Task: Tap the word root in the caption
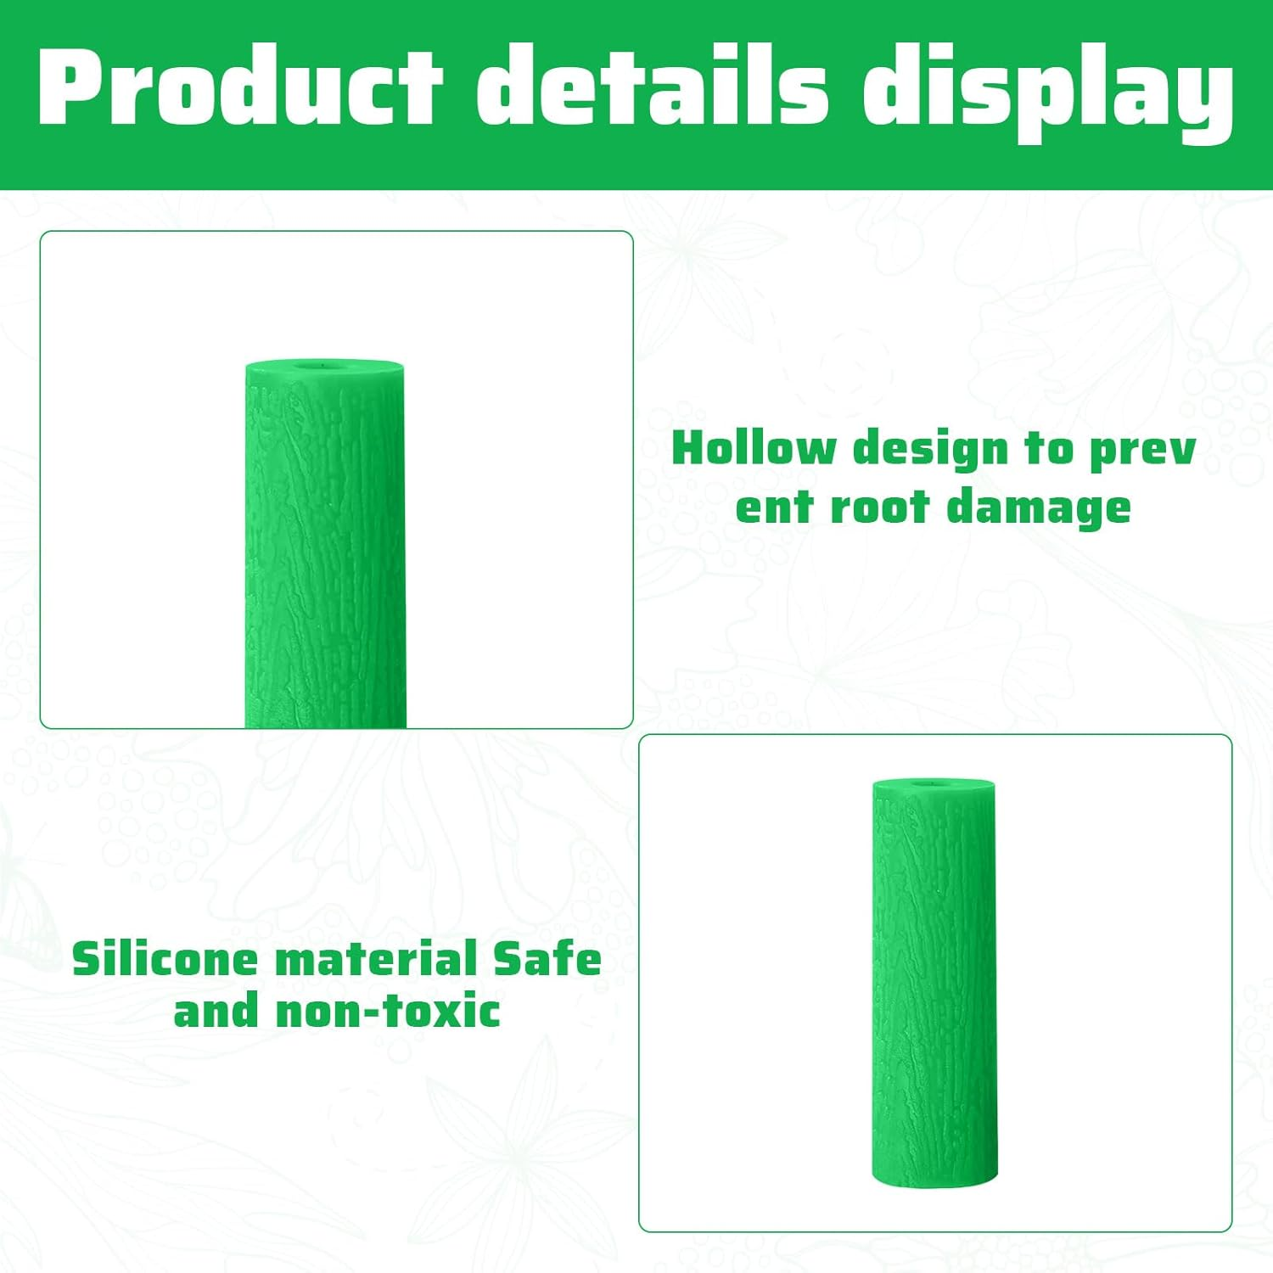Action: (878, 508)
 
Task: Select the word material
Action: (375, 960)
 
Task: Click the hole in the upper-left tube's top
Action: (323, 367)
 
